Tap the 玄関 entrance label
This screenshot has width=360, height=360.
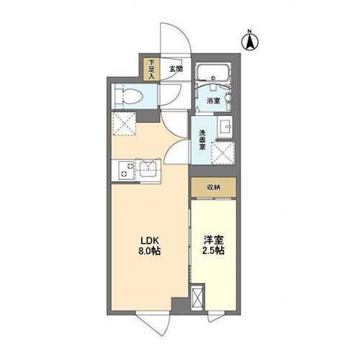[176, 69]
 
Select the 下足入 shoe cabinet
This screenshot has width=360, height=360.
[151, 69]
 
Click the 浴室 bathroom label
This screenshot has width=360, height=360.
[213, 101]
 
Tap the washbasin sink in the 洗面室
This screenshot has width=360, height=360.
[225, 127]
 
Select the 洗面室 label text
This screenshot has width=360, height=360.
[202, 140]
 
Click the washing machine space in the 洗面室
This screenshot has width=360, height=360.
[222, 153]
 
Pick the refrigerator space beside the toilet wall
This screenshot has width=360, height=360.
[124, 124]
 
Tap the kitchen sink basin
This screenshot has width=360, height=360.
[148, 169]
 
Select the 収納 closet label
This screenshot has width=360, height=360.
[214, 187]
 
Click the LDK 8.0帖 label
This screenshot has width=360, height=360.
[149, 246]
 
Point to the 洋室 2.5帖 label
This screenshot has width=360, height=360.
[214, 246]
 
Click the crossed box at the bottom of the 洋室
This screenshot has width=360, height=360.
[197, 297]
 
